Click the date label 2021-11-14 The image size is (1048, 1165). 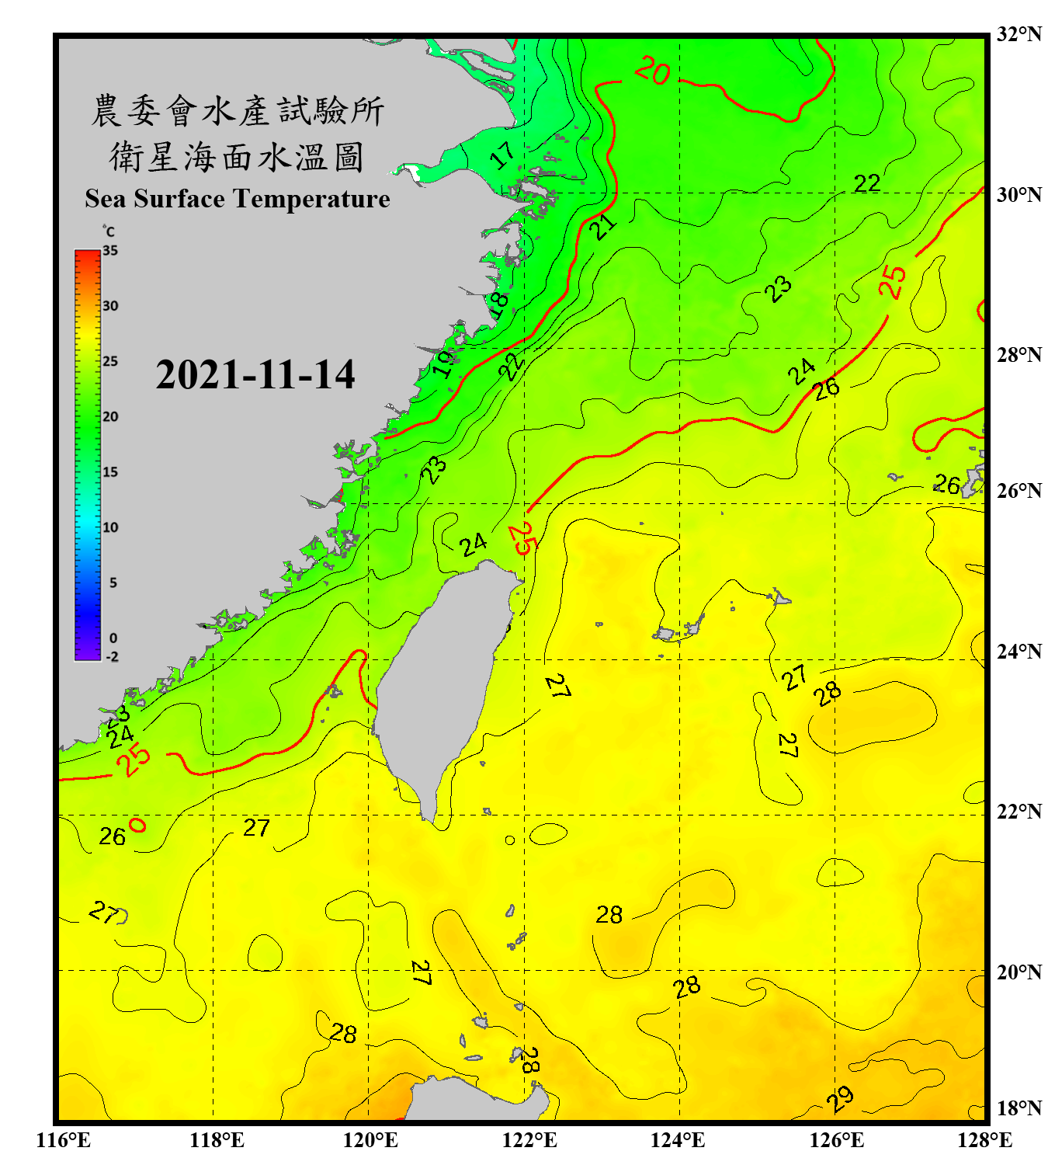pyautogui.click(x=255, y=374)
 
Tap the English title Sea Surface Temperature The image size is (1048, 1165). pyautogui.click(x=238, y=199)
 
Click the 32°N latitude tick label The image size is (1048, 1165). pyautogui.click(x=1019, y=34)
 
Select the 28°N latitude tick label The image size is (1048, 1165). pyautogui.click(x=1019, y=355)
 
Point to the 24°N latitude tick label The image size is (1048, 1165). pyautogui.click(x=1019, y=652)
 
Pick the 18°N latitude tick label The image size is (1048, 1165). pyautogui.click(x=1019, y=1108)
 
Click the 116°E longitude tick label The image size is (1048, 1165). pyautogui.click(x=63, y=1140)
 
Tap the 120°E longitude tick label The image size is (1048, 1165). pyautogui.click(x=370, y=1140)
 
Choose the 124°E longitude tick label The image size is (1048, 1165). pyautogui.click(x=678, y=1140)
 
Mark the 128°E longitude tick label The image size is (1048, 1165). pyautogui.click(x=984, y=1140)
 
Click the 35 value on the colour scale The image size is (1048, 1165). pyautogui.click(x=110, y=251)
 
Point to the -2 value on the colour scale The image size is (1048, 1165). pyautogui.click(x=112, y=657)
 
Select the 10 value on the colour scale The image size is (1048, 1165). pyautogui.click(x=110, y=527)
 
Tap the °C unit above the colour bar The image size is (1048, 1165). pyautogui.click(x=109, y=231)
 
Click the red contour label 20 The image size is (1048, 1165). pyautogui.click(x=652, y=71)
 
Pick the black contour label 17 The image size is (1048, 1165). pyautogui.click(x=502, y=155)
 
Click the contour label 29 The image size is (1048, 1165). pyautogui.click(x=839, y=1098)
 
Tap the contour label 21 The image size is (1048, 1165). pyautogui.click(x=602, y=227)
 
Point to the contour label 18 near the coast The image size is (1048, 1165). pyautogui.click(x=498, y=303)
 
